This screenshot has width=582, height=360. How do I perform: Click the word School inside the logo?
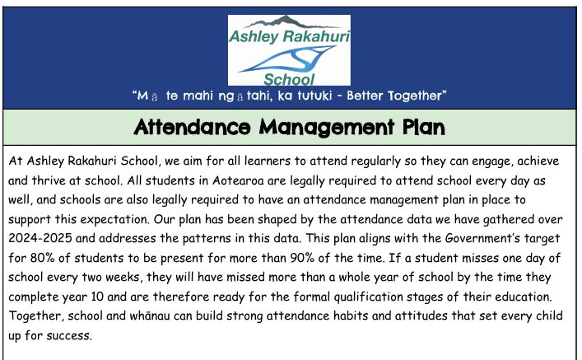click(x=289, y=80)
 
